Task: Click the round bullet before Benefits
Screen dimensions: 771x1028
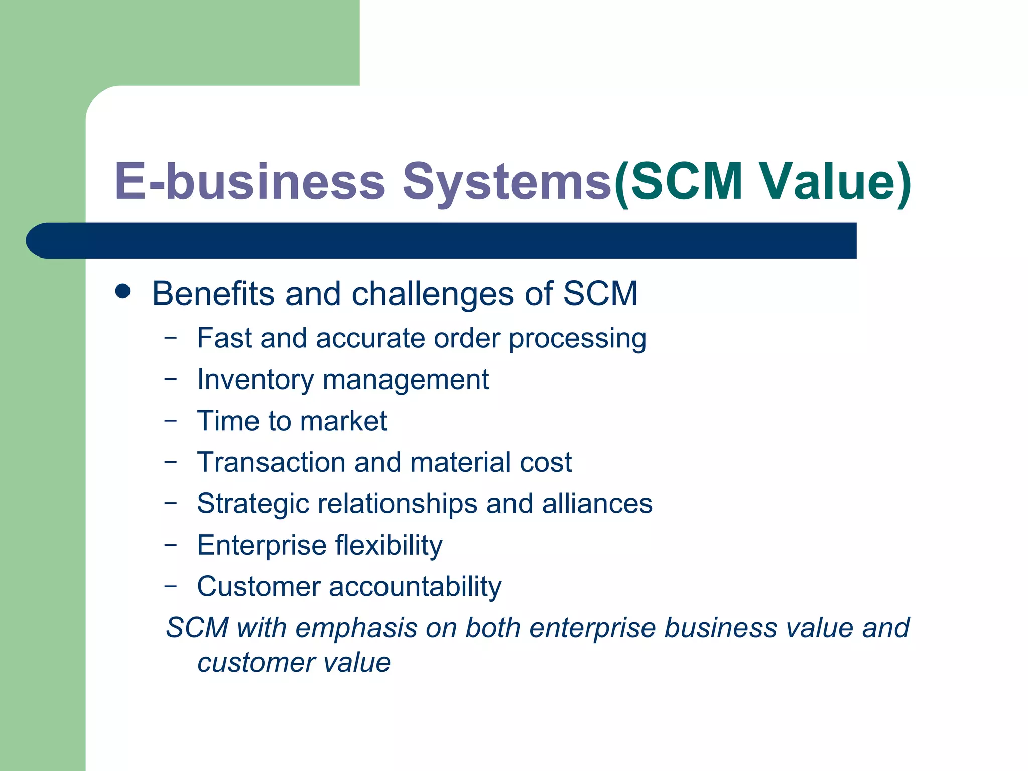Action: click(123, 291)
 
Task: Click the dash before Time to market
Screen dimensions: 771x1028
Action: click(171, 420)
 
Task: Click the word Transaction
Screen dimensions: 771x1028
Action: click(271, 462)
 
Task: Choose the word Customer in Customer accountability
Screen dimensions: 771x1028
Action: click(258, 586)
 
